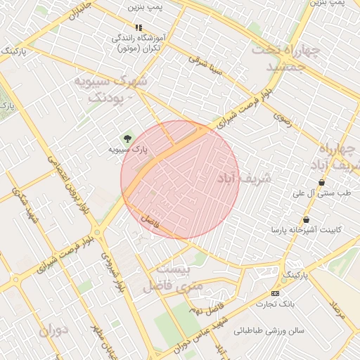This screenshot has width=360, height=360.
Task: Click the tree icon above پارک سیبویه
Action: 127,138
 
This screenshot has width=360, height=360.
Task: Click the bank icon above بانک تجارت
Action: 275,293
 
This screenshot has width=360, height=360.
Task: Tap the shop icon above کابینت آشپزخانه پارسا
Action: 306,219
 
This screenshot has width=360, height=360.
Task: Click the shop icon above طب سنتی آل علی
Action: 321,181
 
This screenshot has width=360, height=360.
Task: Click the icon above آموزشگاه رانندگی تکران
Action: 138,27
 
